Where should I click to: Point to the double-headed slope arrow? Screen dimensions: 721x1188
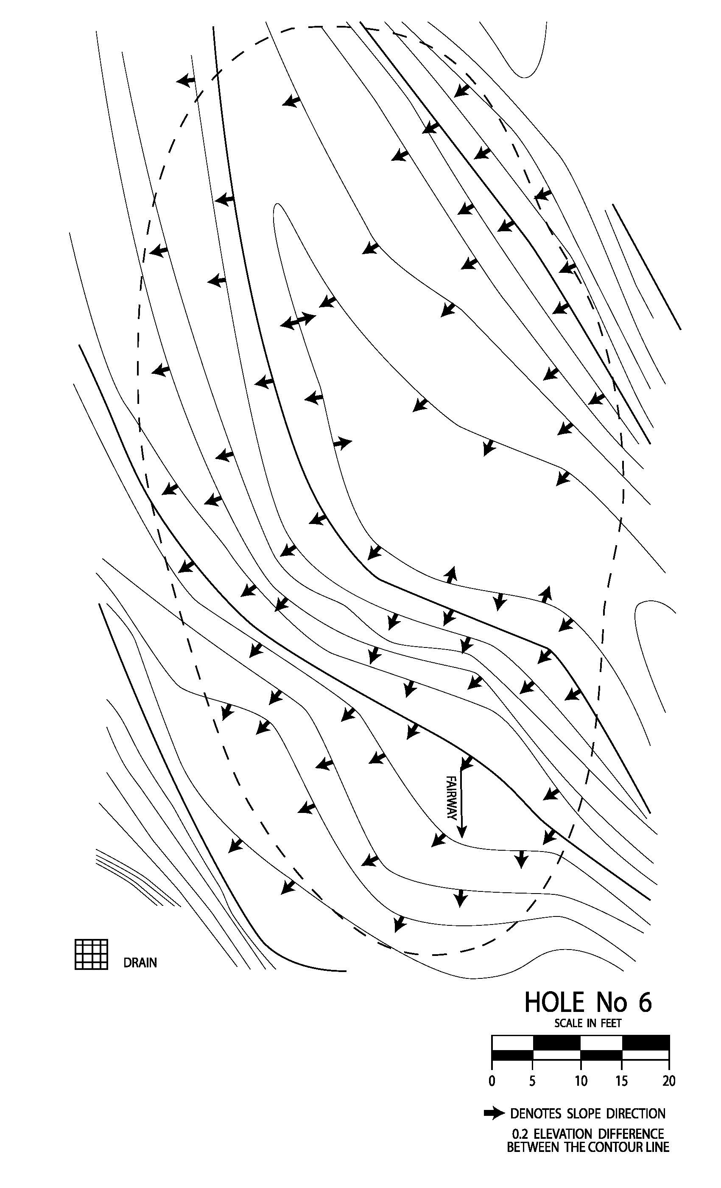pos(297,321)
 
